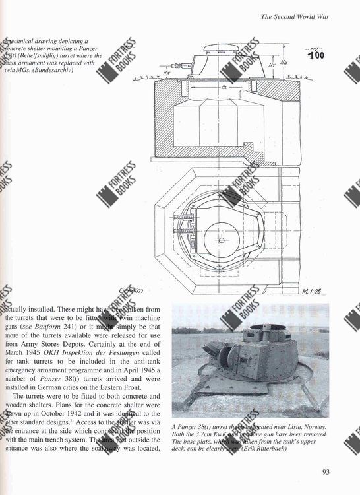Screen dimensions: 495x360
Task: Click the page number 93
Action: [x=326, y=471]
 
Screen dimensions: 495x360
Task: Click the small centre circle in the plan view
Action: [x=222, y=240]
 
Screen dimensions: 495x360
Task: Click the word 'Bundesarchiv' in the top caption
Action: [x=51, y=71]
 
